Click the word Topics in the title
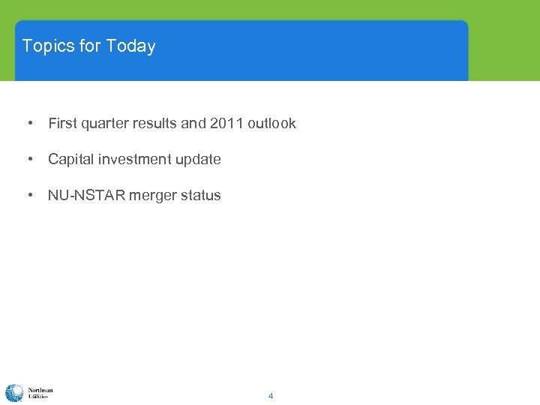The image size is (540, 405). pos(49,46)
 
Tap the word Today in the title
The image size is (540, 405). pos(130,46)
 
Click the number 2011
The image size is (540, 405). pos(226,123)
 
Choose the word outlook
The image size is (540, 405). pos(271,123)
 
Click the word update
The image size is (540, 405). pos(198,159)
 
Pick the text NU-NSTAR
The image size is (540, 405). pos(86,195)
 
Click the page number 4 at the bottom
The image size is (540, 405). pos(271,396)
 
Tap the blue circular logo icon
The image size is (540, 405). pos(14,393)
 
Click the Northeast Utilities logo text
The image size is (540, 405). pos(40,393)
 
